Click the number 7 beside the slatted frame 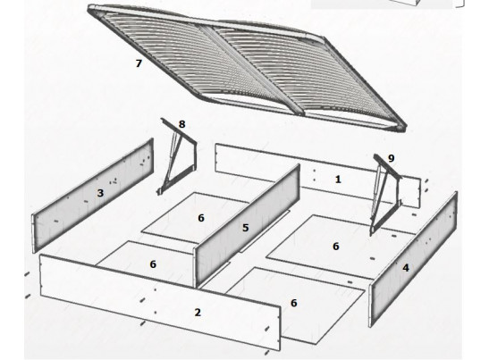click(x=139, y=63)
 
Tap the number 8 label click(x=181, y=124)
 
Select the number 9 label click(x=391, y=158)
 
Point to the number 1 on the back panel click(x=338, y=180)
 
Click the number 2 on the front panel click(x=198, y=313)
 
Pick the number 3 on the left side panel click(x=100, y=193)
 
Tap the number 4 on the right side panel click(x=406, y=268)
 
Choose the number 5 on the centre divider click(x=246, y=228)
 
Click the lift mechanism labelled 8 click(x=176, y=157)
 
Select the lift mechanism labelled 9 click(x=385, y=195)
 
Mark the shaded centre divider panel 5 click(x=247, y=226)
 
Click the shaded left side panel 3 click(x=93, y=196)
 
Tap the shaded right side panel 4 click(x=413, y=260)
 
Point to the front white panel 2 click(x=160, y=303)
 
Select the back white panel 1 click(x=318, y=175)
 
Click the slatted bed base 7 click(x=247, y=67)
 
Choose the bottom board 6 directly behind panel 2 click(x=147, y=260)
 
